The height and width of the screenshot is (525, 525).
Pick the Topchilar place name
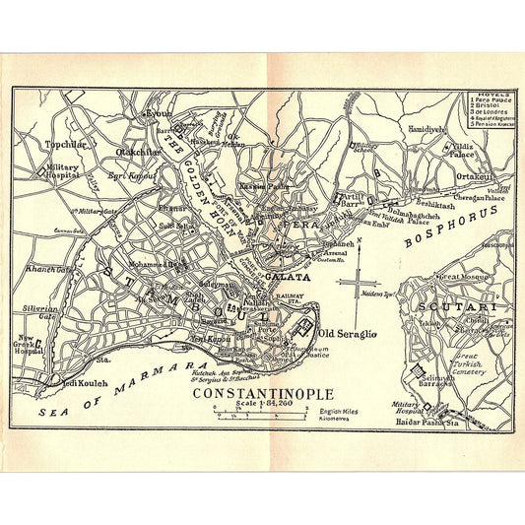[x=67, y=143]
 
